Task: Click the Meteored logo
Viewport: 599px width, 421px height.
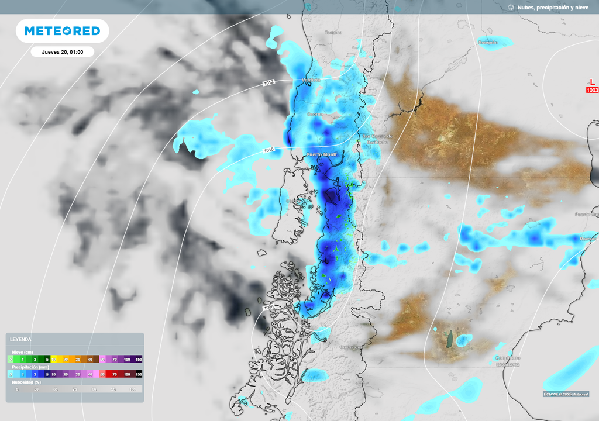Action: click(x=62, y=31)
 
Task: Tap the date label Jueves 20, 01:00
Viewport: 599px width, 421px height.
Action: click(x=62, y=52)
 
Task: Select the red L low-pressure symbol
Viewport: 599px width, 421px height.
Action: click(x=592, y=82)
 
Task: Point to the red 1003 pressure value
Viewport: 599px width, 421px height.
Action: click(x=592, y=90)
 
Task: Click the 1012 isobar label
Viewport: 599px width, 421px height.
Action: click(x=268, y=83)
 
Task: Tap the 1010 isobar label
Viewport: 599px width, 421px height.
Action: click(x=268, y=150)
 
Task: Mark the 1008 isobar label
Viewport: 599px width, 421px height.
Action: click(x=268, y=308)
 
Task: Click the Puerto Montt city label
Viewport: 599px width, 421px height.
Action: click(x=322, y=154)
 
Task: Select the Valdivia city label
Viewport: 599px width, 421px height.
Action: click(x=311, y=80)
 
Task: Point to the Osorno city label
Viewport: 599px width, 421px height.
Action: click(x=315, y=114)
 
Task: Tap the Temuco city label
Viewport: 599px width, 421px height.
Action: click(x=333, y=33)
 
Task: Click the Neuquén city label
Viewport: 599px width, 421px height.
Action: click(x=487, y=42)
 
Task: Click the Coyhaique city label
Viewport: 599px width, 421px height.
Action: click(x=352, y=347)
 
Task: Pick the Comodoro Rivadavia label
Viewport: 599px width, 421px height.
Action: click(x=507, y=361)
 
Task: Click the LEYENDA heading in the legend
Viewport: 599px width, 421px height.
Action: click(x=21, y=339)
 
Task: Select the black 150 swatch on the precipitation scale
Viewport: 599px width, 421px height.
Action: click(x=139, y=374)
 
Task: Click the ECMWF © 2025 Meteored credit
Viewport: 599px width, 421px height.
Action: click(x=565, y=394)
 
